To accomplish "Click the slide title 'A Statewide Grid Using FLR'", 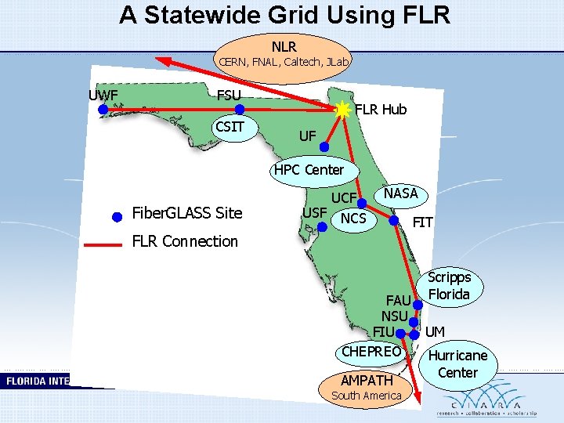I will click(284, 15).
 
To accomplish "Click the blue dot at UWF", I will click(103, 110).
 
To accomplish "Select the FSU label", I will click(229, 96).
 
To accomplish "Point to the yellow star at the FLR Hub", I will click(342, 110).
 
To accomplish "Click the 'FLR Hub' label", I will click(381, 110).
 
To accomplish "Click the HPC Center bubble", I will click(308, 170).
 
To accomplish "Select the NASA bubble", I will click(400, 194).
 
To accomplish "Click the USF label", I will click(315, 211).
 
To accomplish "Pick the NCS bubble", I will click(353, 219).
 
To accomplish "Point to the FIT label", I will click(422, 223).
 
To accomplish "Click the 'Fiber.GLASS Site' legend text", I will click(187, 213).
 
